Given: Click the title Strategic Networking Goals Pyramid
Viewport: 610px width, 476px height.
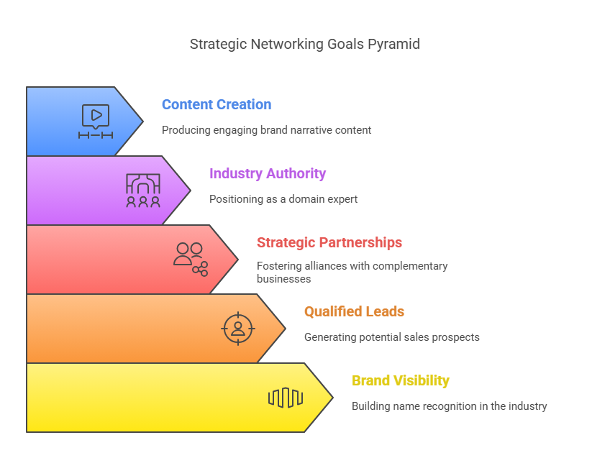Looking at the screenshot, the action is (x=304, y=45).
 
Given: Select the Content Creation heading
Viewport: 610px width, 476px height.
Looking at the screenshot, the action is (x=217, y=104).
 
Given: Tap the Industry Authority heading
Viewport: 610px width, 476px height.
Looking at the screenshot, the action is (x=268, y=174).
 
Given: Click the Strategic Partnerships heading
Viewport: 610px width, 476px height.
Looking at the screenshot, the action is (x=329, y=242).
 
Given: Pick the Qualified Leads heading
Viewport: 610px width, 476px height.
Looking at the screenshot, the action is (x=354, y=311).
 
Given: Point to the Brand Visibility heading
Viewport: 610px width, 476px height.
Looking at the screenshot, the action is (x=400, y=380).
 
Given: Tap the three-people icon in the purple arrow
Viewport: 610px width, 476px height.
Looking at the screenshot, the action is (x=143, y=190).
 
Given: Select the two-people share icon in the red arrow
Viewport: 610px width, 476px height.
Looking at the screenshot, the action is (x=191, y=260).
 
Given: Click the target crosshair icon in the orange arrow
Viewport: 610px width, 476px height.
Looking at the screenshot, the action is (x=238, y=329).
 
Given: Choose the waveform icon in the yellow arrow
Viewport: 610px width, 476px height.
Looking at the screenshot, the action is (x=286, y=398).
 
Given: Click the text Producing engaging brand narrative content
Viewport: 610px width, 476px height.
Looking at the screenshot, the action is (x=266, y=130).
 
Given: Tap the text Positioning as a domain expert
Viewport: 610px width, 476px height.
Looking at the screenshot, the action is (x=283, y=199).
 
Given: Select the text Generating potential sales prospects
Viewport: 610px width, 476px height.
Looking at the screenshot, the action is (x=392, y=337).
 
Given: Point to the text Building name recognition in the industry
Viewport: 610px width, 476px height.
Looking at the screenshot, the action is (x=450, y=406).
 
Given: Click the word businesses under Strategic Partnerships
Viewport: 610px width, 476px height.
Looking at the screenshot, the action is (x=283, y=279).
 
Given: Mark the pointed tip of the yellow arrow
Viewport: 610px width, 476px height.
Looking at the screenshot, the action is (x=333, y=398).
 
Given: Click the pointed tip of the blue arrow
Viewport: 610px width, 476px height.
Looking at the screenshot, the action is (x=143, y=122).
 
